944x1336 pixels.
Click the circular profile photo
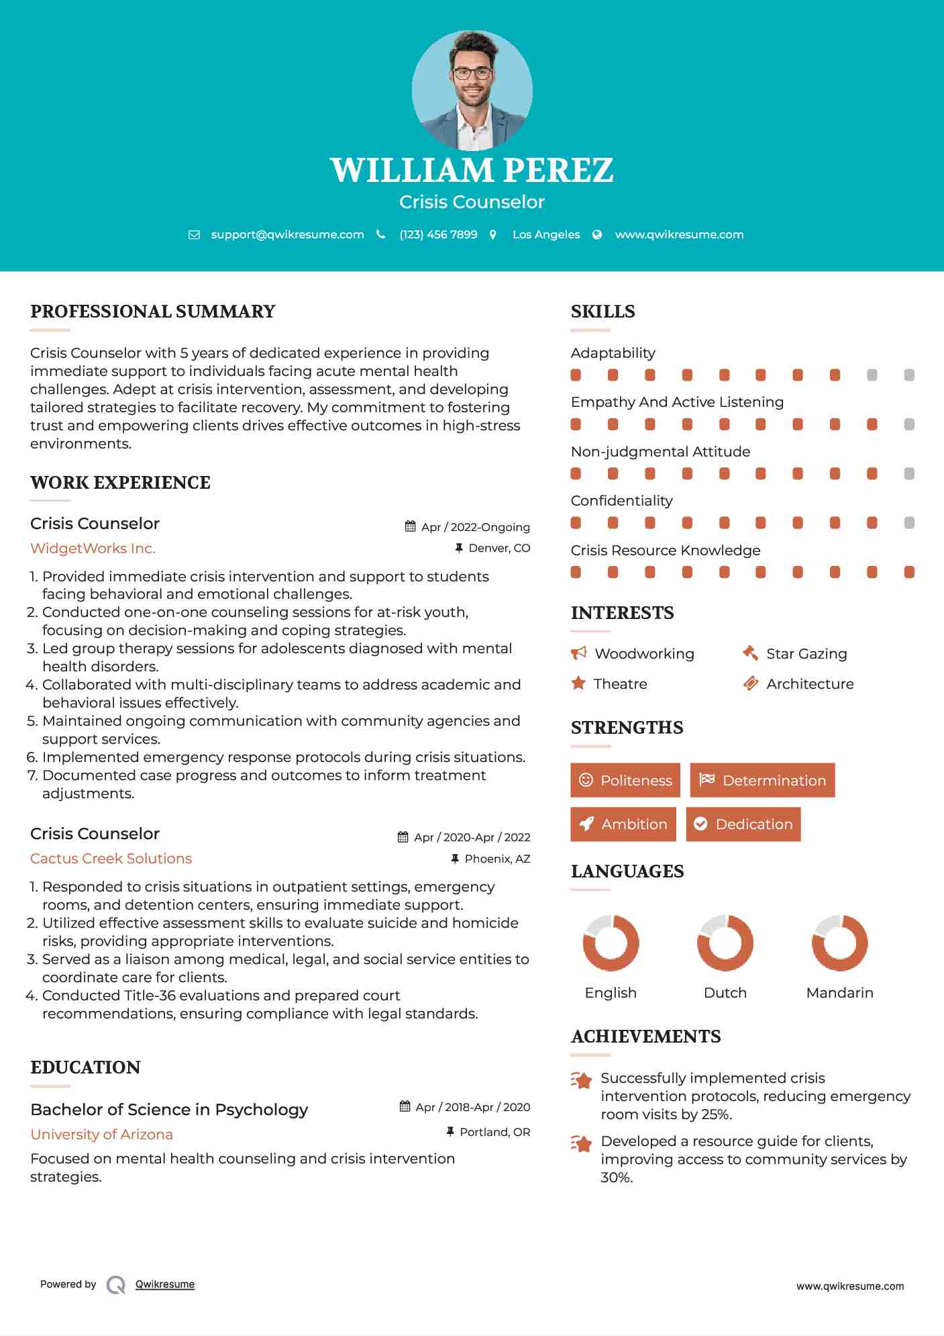[x=472, y=90]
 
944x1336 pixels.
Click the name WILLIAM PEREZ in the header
[x=472, y=170]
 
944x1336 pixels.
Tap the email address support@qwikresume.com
[x=287, y=234]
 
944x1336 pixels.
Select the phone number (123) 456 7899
[x=438, y=234]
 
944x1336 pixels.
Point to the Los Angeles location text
[x=545, y=234]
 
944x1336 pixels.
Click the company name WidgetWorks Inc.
[x=93, y=548]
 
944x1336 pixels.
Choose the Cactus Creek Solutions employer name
[x=111, y=859]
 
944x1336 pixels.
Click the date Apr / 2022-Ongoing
[x=475, y=527]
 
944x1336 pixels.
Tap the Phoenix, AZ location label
[x=497, y=859]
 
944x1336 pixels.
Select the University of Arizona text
[x=101, y=1135]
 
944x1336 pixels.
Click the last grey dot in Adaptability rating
[x=909, y=375]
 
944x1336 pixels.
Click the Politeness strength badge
[x=625, y=780]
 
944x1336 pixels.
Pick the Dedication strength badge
[x=743, y=824]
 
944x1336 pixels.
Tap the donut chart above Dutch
[x=725, y=943]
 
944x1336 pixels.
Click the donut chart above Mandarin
[x=840, y=943]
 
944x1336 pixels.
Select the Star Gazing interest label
[x=806, y=654]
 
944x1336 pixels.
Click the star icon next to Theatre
[x=578, y=683]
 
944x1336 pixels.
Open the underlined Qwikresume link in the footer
[x=165, y=1284]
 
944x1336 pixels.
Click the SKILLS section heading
[x=602, y=312]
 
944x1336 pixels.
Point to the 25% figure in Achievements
[x=716, y=1114]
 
